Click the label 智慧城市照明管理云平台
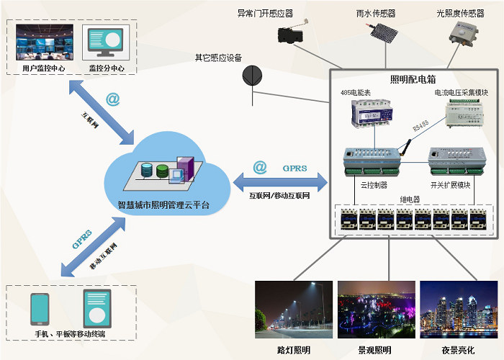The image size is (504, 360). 163,204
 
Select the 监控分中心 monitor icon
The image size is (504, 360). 106,43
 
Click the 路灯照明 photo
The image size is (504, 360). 293,311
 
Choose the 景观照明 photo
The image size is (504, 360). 375,311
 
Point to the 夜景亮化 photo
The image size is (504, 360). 457,311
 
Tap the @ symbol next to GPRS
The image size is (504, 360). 260,168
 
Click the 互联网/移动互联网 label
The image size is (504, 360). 279,195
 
